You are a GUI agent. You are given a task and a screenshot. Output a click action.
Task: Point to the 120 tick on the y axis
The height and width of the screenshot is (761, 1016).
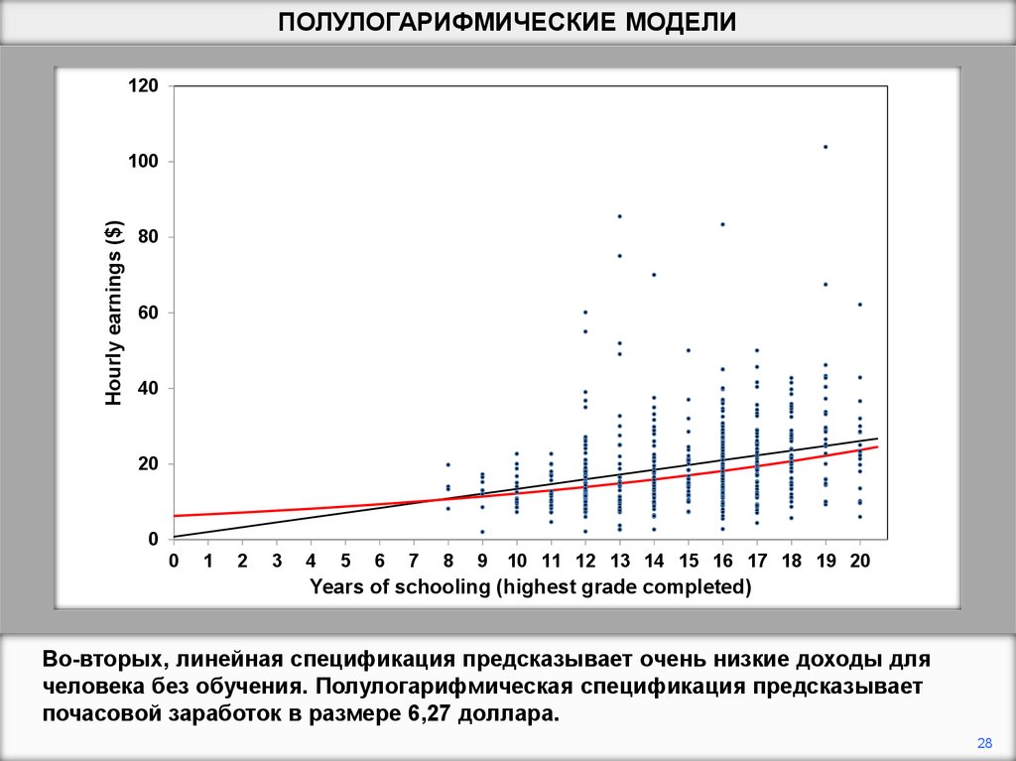[x=143, y=86]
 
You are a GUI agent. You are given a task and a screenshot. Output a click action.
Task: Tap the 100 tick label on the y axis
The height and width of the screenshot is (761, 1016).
[x=143, y=162]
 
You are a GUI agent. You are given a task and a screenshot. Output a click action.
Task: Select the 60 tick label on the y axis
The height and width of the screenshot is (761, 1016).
[x=147, y=313]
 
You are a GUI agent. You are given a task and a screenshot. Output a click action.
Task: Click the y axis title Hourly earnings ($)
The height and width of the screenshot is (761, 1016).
[x=114, y=314]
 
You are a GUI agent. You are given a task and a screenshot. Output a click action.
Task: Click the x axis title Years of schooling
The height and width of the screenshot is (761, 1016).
[x=530, y=586]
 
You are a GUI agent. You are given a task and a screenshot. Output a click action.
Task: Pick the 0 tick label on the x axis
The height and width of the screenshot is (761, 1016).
[x=174, y=561]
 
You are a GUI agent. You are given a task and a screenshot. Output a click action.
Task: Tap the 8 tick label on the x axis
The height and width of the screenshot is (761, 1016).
[x=447, y=561]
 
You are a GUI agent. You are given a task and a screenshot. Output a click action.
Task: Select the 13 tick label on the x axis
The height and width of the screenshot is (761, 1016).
[x=619, y=561]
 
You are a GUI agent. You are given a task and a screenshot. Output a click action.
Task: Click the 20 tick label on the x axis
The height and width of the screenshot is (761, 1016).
[x=859, y=561]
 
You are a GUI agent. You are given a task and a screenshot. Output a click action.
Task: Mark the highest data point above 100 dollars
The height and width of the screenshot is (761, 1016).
[x=825, y=147]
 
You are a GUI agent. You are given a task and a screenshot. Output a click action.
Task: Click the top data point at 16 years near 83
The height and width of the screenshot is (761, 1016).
[x=722, y=224]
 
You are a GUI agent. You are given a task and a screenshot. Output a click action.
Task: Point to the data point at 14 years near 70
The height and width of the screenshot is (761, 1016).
[x=654, y=274]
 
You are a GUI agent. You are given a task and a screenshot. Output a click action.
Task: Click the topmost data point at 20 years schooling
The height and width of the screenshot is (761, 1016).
[x=860, y=305]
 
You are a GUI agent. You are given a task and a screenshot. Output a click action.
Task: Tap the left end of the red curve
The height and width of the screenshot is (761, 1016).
[x=176, y=516]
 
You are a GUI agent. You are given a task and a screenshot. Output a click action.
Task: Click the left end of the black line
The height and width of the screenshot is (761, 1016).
[x=176, y=537]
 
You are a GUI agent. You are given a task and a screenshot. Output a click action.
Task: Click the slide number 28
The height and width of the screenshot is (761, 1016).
[x=985, y=742]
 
